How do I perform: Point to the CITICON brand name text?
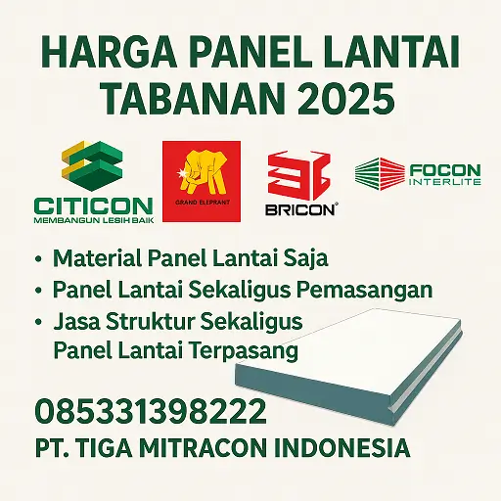[x=92, y=205]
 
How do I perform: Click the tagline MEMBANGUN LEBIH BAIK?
[x=92, y=222]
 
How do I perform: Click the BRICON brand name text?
[x=300, y=208]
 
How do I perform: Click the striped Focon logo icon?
[x=380, y=173]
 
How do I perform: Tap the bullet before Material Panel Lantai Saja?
[x=38, y=260]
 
